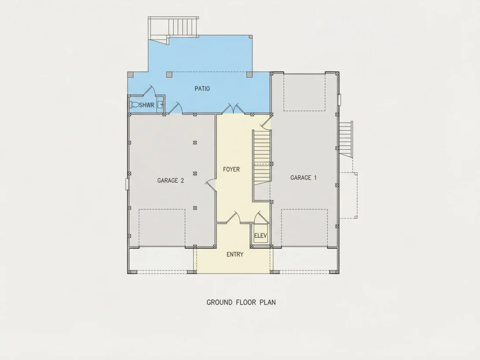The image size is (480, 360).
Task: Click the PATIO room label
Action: tap(202, 89)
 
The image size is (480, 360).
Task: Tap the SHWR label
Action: tap(147, 105)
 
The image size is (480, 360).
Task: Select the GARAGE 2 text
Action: tap(171, 181)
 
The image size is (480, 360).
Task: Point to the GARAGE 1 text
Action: tap(303, 178)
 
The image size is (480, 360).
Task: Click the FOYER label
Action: tap(231, 169)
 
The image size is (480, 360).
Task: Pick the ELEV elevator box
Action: tap(261, 235)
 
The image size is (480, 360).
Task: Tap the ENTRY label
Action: tap(235, 254)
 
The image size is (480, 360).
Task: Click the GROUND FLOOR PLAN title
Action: tap(241, 302)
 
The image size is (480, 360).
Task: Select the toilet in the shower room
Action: tap(134, 105)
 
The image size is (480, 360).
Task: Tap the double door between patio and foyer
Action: tap(233, 109)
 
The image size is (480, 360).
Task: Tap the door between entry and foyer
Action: tap(233, 217)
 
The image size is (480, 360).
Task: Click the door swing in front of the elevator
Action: tap(261, 217)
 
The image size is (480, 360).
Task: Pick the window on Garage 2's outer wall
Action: tap(127, 184)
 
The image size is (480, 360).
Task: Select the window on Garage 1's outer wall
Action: tap(339, 100)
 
